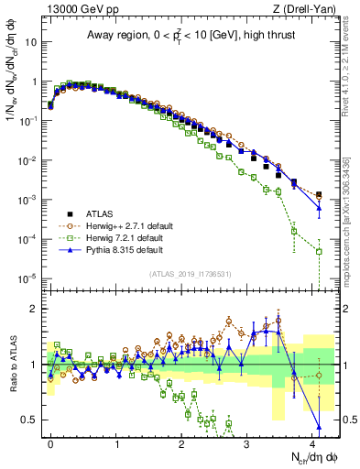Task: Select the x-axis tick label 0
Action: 50,441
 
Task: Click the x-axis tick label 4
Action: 313,441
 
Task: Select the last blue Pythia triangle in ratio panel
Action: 319,426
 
